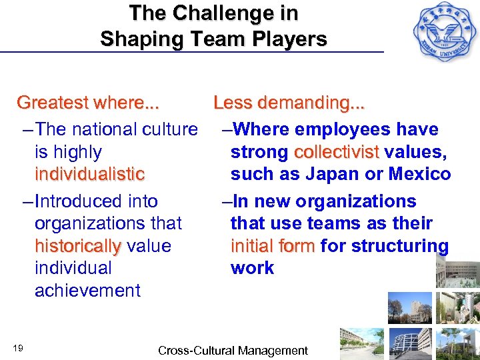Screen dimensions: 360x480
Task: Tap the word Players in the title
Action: pyautogui.click(x=289, y=39)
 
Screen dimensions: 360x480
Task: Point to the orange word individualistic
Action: pyautogui.click(x=89, y=175)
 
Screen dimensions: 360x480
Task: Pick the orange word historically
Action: pyautogui.click(x=77, y=246)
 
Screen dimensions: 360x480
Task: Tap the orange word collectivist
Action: pyautogui.click(x=337, y=152)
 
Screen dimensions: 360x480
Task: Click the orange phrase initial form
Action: pyautogui.click(x=273, y=246)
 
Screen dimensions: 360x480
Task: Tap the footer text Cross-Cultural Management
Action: pyautogui.click(x=233, y=351)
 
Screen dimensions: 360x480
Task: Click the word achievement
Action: pyautogui.click(x=87, y=291)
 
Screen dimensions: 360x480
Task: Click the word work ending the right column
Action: pyautogui.click(x=252, y=268)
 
